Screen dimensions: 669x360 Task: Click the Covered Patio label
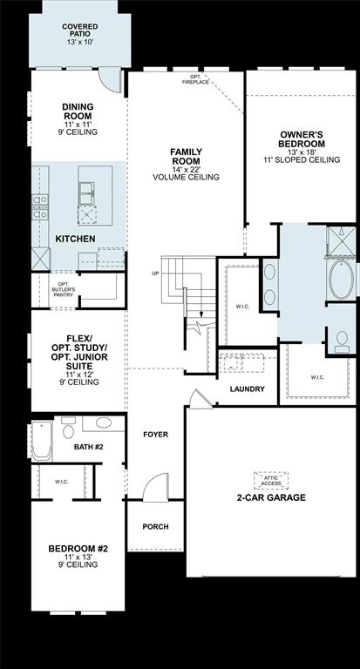tap(79, 33)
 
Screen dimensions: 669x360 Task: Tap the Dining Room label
tap(78, 119)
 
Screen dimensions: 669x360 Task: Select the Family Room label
tap(186, 164)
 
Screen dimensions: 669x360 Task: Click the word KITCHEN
tap(76, 238)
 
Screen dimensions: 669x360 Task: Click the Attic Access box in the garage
tap(271, 479)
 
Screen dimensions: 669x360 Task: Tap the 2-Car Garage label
tap(271, 497)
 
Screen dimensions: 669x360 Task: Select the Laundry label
tap(247, 389)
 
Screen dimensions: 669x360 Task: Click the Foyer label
tap(155, 434)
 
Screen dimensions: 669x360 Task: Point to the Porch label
tap(155, 526)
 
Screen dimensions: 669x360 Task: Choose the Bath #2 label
tap(89, 446)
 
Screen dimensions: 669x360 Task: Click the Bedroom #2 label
tap(78, 556)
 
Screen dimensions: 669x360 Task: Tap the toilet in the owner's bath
tap(341, 341)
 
